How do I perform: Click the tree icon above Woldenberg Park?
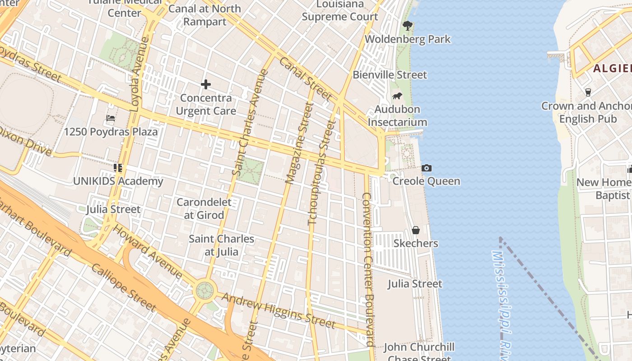click(408, 26)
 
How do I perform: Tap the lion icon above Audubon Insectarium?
click(397, 96)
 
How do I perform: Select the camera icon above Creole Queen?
click(426, 168)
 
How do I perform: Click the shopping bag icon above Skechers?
click(416, 230)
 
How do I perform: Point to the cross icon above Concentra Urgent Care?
click(206, 84)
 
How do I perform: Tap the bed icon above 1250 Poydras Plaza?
click(111, 119)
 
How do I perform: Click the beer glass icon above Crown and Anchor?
click(588, 93)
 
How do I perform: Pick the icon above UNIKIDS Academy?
click(118, 168)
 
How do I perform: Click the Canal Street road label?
click(306, 79)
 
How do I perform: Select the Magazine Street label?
click(299, 143)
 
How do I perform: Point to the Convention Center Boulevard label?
click(368, 269)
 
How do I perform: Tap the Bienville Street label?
click(390, 74)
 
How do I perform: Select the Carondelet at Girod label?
click(204, 208)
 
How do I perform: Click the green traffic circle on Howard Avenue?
click(205, 291)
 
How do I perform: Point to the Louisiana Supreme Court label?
click(340, 10)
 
